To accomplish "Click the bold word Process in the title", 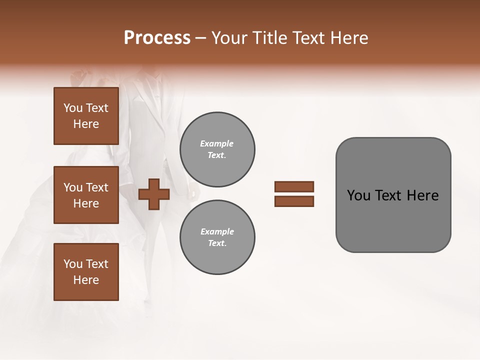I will pos(157,38).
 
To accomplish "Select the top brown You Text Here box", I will pos(86,116).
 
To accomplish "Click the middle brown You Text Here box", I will pos(86,195).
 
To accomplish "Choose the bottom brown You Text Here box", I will pos(86,272).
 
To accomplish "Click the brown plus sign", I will pos(154,194).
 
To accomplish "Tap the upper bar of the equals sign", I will pos(294,187).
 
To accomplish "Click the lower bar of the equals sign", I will pos(294,201).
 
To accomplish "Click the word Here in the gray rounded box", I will pos(423,195).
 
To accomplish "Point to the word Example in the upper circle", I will pos(216,143).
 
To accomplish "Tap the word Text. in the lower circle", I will pos(217,243).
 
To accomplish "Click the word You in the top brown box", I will pos(73,108).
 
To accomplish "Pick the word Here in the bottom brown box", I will pos(86,280).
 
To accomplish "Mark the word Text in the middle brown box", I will pos(97,187).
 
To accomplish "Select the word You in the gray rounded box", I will pos(358,195).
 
